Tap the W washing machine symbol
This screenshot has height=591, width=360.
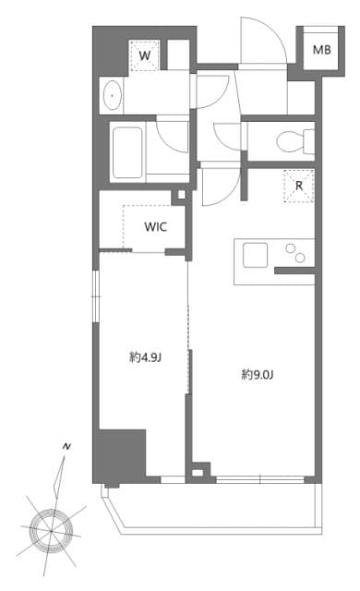pyautogui.click(x=144, y=55)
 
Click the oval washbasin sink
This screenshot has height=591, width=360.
pyautogui.click(x=112, y=94)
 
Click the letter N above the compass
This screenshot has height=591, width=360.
pyautogui.click(x=66, y=447)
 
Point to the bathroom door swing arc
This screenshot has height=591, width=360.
pyautogui.click(x=174, y=137)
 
